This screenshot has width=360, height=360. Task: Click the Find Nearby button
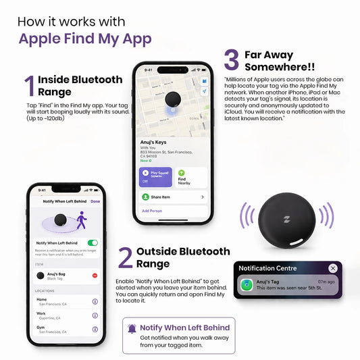coord(190,178)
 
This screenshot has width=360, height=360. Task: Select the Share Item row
coord(172,197)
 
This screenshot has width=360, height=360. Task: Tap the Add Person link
coord(151,211)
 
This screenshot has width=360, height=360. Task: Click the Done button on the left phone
coord(95,201)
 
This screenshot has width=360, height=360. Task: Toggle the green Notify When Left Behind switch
coord(93,242)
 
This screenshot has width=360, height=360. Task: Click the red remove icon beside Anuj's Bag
coord(95,275)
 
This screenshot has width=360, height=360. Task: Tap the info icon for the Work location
coord(95,315)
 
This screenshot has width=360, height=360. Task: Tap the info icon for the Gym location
coord(95,329)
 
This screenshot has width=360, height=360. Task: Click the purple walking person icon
coord(82,221)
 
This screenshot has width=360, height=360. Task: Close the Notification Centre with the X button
coord(333,268)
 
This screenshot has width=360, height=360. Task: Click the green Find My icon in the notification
coord(247,286)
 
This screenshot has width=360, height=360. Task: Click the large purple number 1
coord(29,86)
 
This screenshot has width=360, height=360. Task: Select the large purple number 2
coord(125,258)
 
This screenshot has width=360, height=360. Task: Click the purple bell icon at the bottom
coord(132,329)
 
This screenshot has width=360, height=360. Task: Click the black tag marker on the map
coord(173,99)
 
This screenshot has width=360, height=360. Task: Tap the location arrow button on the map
coord(205,91)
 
